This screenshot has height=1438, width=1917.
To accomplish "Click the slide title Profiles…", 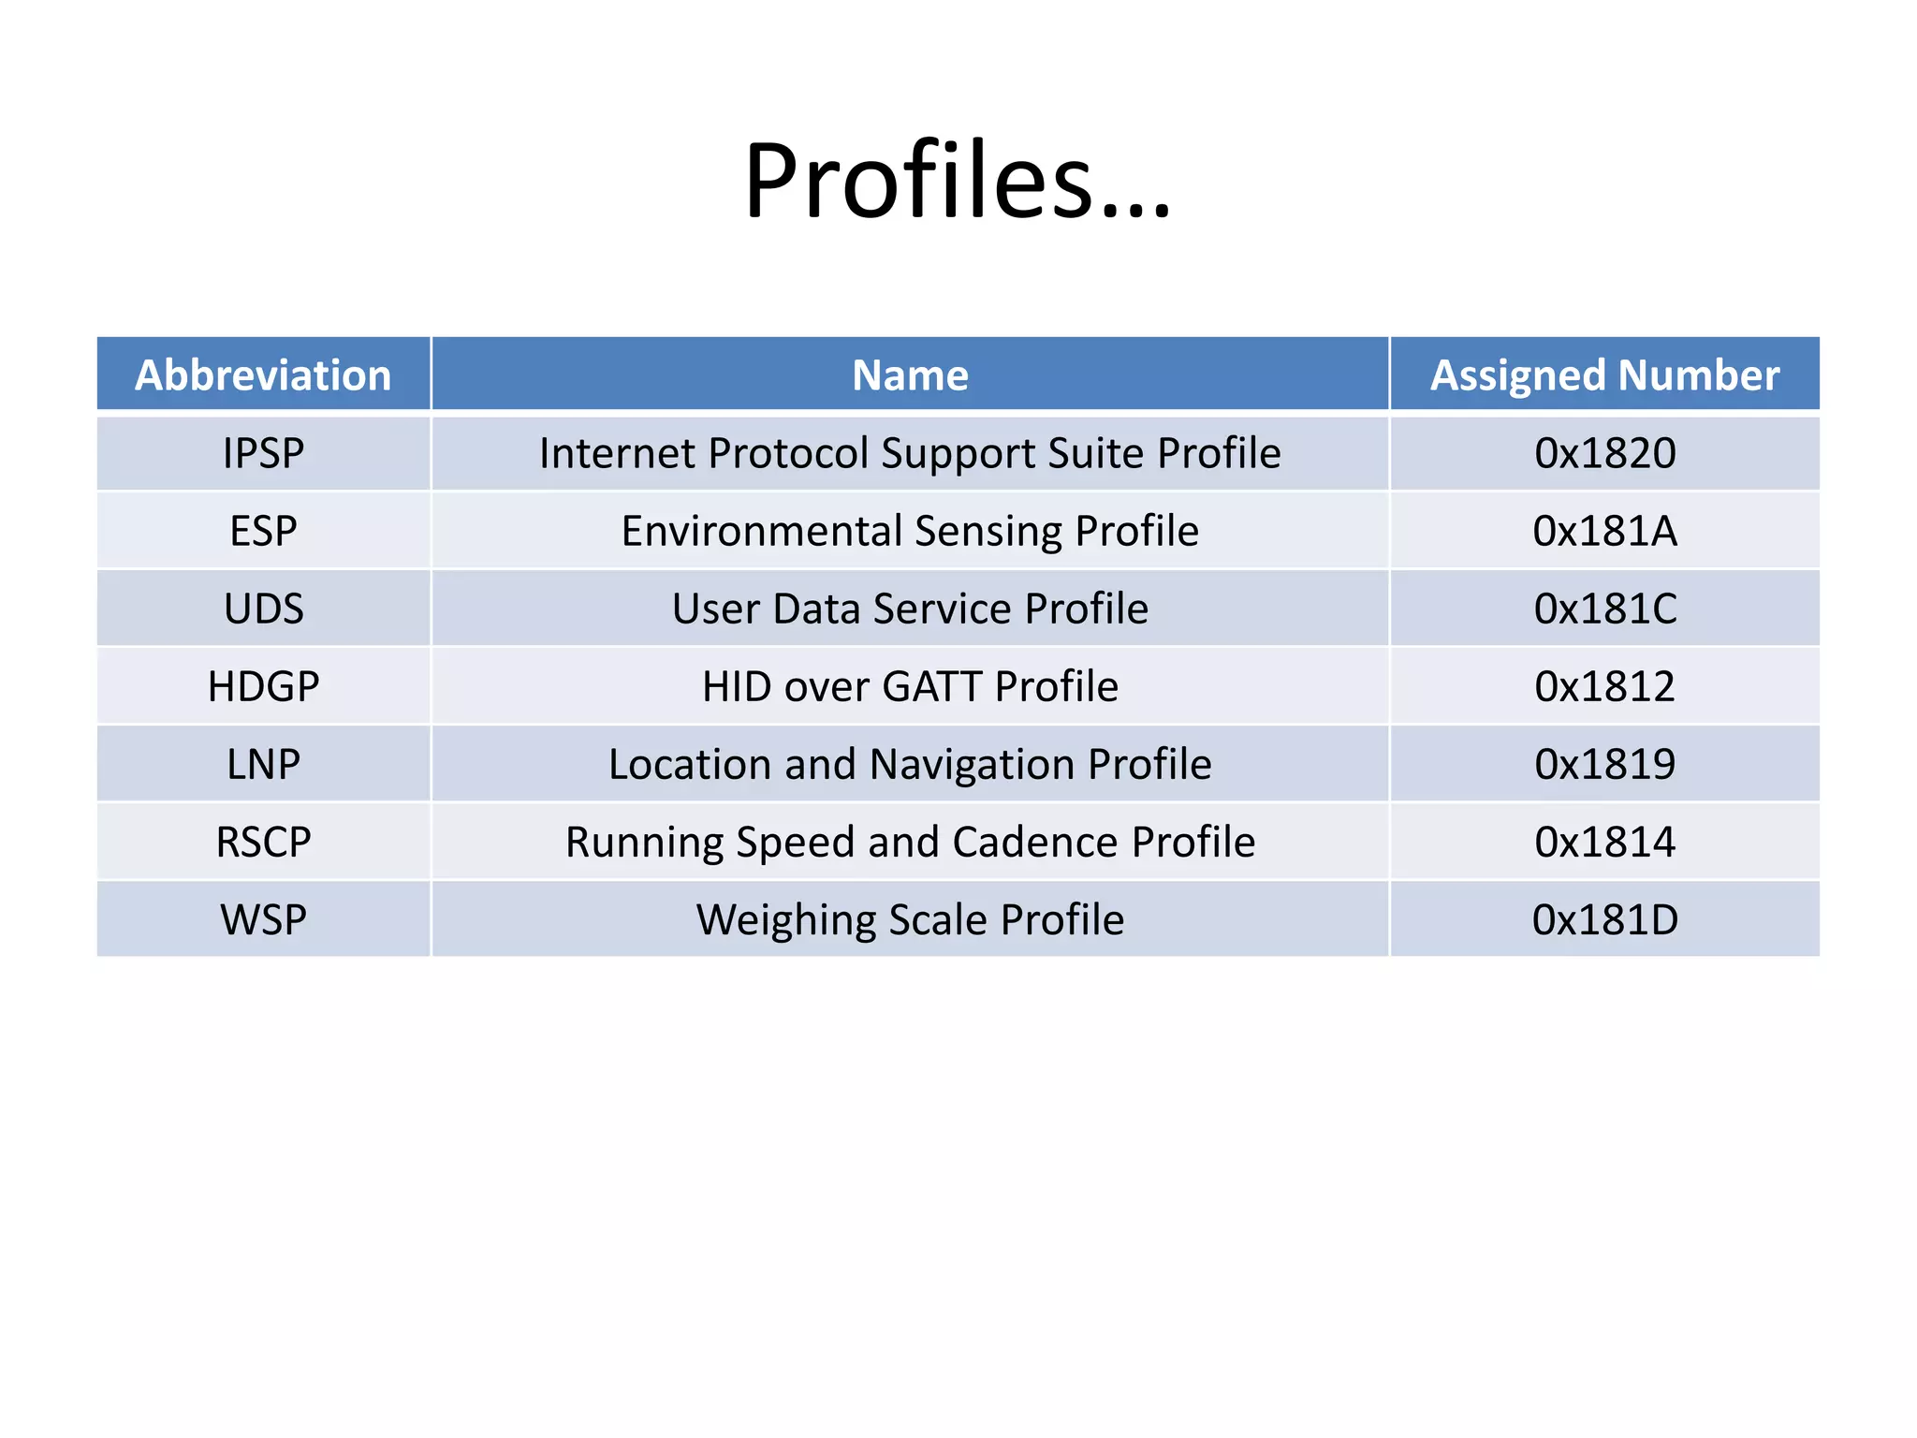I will (957, 181).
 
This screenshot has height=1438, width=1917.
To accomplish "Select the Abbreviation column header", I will (263, 375).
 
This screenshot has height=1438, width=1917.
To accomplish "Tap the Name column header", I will (910, 375).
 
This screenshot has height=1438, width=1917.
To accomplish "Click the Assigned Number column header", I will (1604, 375).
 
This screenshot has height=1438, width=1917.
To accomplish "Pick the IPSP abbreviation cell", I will (263, 453).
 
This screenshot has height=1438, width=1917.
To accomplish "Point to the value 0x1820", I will (1604, 453).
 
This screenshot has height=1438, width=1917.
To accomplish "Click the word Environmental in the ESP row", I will (761, 531).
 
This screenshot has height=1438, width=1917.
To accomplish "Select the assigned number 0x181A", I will (1604, 531).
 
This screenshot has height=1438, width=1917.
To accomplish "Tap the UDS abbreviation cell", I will (263, 609).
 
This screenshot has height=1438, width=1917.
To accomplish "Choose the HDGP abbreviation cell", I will (263, 686).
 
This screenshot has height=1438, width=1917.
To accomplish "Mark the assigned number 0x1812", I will (1604, 686).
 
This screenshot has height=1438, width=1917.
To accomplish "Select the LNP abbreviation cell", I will (263, 764).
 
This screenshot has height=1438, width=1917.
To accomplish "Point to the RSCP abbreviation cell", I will (263, 842).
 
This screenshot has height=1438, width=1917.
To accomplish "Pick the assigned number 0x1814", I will (1604, 842).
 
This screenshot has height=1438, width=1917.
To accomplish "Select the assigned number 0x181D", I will (1604, 920).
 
